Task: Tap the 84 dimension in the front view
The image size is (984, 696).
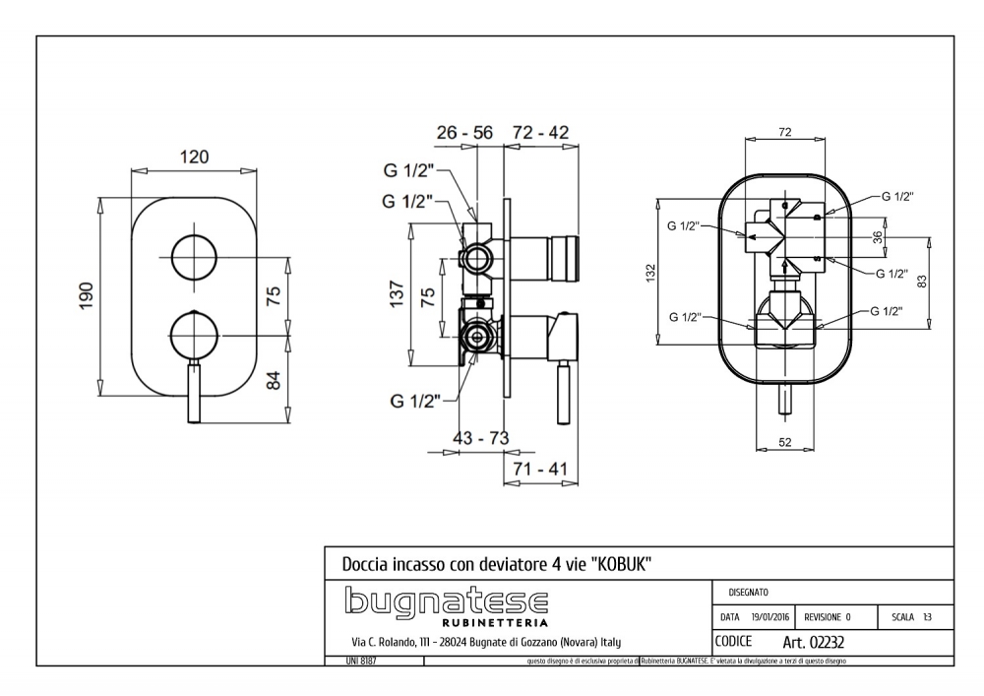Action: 275,377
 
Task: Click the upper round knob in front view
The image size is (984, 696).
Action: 194,259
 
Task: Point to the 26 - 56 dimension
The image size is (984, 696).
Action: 464,133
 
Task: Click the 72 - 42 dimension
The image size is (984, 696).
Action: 540,133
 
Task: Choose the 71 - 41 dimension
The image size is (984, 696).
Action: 539,470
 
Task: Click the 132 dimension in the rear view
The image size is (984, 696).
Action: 648,273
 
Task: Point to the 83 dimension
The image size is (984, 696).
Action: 921,281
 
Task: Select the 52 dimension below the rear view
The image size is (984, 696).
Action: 784,443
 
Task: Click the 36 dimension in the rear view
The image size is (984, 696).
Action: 877,237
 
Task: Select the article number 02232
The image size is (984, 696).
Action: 815,642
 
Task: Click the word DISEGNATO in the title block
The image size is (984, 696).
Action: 750,593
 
